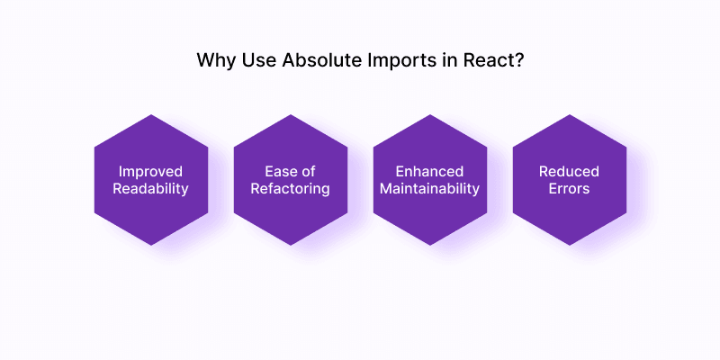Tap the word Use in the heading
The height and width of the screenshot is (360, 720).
[x=257, y=62]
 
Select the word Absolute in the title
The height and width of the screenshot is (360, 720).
[x=316, y=62]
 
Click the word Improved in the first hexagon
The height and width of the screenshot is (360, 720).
[x=150, y=171]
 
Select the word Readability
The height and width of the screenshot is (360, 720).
[x=150, y=189]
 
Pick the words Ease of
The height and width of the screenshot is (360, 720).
[x=290, y=171]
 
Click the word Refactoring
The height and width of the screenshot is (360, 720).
[x=290, y=189]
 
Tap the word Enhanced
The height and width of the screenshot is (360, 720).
[x=429, y=171]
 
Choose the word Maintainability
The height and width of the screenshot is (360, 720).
[x=429, y=189]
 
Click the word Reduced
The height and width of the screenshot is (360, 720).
[x=569, y=171]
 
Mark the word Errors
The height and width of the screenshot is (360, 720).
[x=569, y=189]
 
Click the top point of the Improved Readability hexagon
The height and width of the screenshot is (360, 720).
[x=150, y=116]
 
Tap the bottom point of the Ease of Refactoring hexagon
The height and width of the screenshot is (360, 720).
[x=290, y=245]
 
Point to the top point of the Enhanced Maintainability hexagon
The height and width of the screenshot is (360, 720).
[x=429, y=116]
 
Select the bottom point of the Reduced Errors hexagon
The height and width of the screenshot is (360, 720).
[x=569, y=245]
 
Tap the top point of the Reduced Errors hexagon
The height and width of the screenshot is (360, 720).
[x=569, y=116]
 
